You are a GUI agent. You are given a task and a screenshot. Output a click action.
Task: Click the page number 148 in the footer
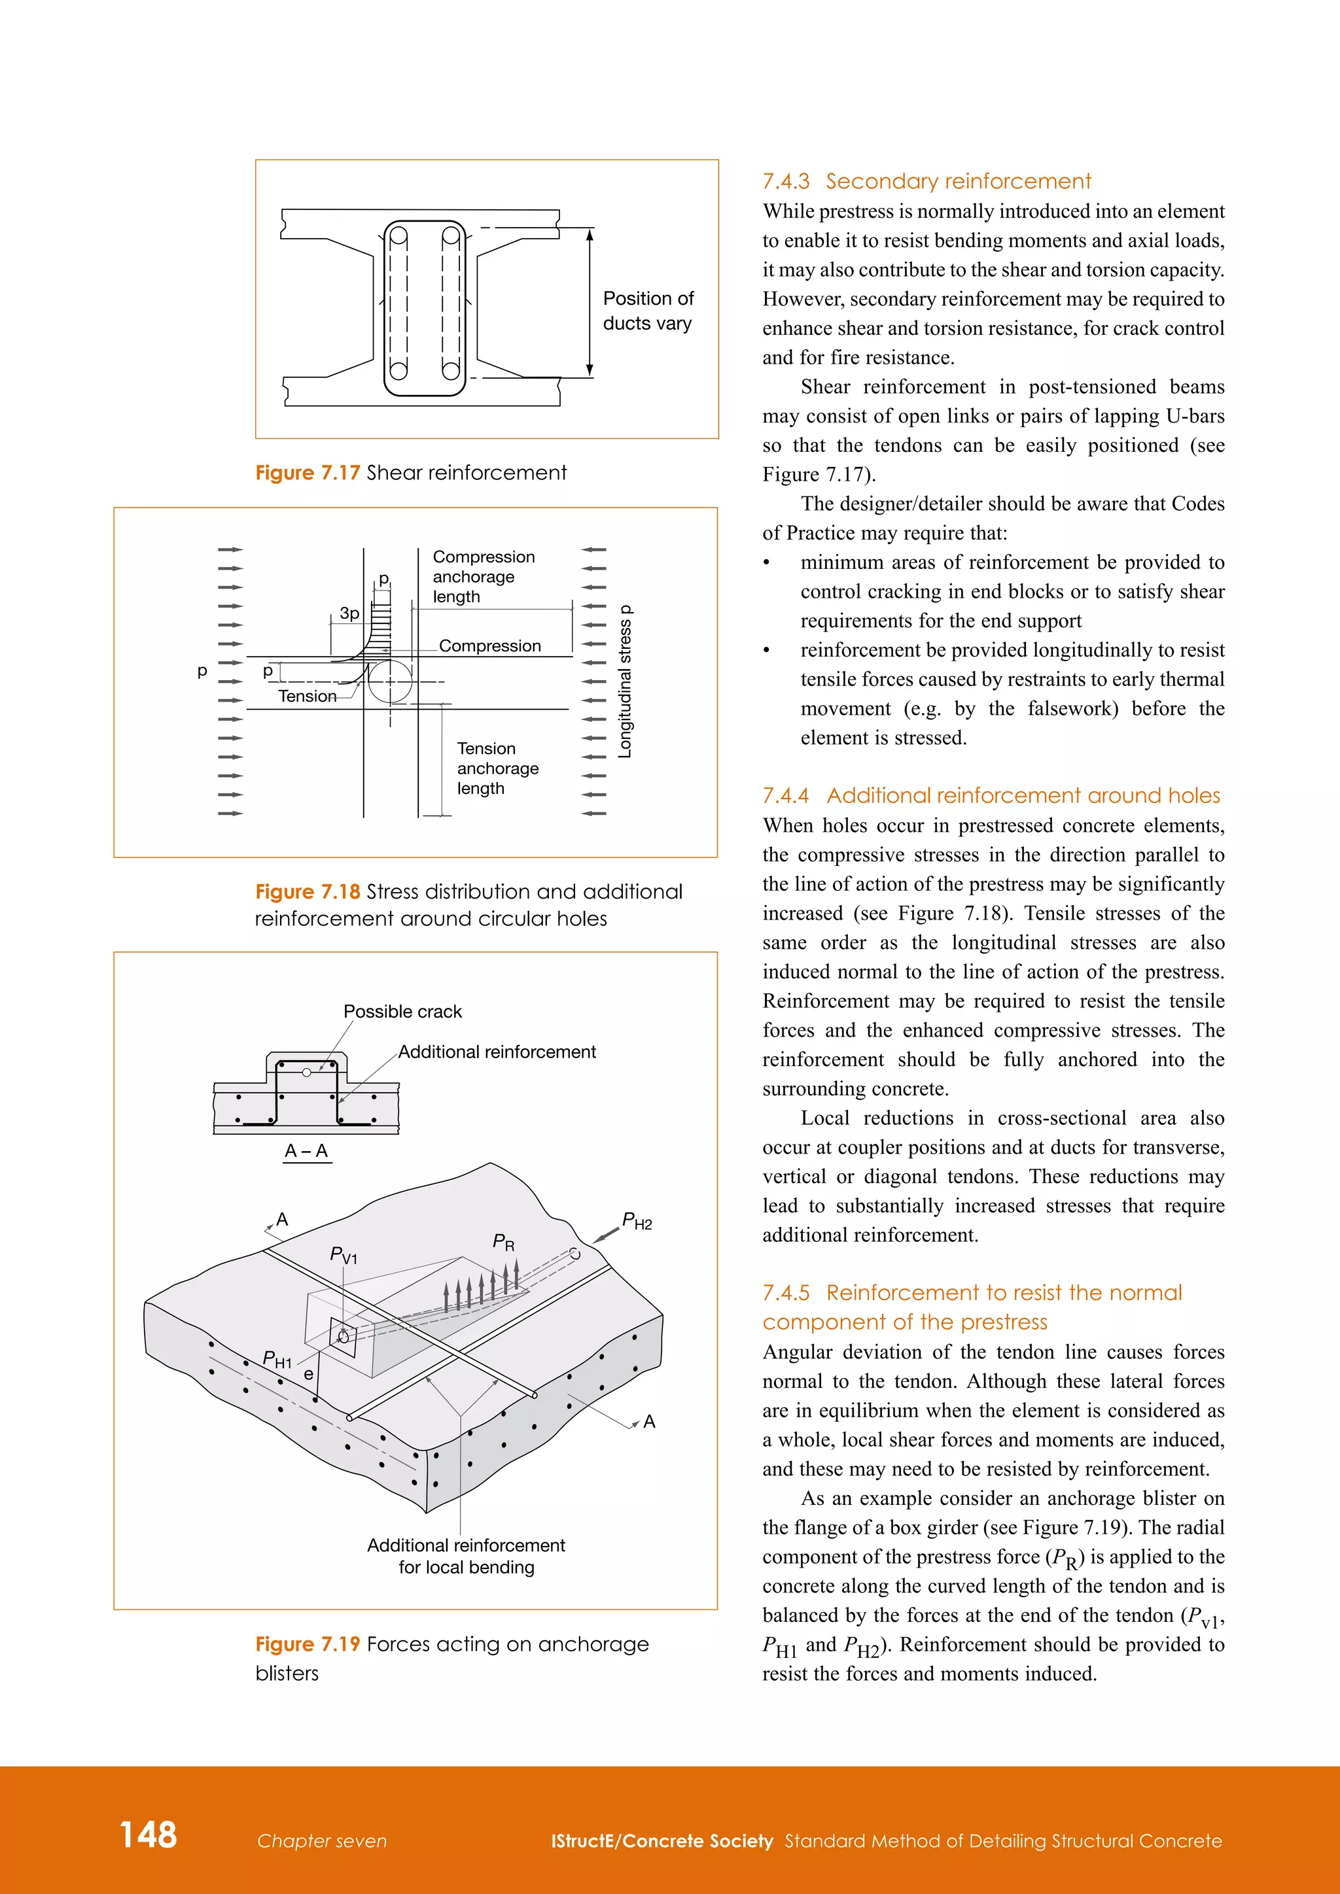click(x=149, y=1834)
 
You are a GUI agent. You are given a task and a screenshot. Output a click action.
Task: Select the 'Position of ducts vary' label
click(x=648, y=311)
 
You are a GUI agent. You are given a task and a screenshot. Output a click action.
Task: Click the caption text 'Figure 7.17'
click(x=307, y=473)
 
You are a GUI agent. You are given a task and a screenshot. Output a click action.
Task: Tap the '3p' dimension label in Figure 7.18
click(x=349, y=613)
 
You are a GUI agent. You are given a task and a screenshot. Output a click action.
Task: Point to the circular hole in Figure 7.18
click(x=389, y=681)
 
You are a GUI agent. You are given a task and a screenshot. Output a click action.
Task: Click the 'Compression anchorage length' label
click(x=484, y=577)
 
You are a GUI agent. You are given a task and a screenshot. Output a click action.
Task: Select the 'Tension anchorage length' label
click(x=497, y=768)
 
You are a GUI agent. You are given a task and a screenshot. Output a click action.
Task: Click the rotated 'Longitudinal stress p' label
click(x=626, y=681)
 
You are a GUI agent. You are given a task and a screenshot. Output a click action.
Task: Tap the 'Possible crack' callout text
click(x=402, y=1011)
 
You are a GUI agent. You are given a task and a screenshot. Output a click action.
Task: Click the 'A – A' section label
click(x=306, y=1151)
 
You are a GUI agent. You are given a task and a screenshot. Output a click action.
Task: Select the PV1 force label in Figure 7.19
click(x=344, y=1254)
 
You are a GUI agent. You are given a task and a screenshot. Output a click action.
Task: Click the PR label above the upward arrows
click(x=503, y=1243)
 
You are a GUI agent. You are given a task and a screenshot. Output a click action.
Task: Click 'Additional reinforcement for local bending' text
click(x=467, y=1556)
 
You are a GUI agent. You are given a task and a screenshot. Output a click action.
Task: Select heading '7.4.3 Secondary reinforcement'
click(x=926, y=181)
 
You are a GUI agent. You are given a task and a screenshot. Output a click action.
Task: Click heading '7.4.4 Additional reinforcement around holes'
click(x=990, y=795)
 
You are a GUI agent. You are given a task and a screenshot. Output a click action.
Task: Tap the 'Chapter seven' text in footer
click(x=322, y=1840)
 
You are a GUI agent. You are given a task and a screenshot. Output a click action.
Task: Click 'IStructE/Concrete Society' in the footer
click(x=661, y=1840)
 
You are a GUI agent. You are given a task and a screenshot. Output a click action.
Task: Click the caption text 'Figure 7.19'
click(x=307, y=1644)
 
